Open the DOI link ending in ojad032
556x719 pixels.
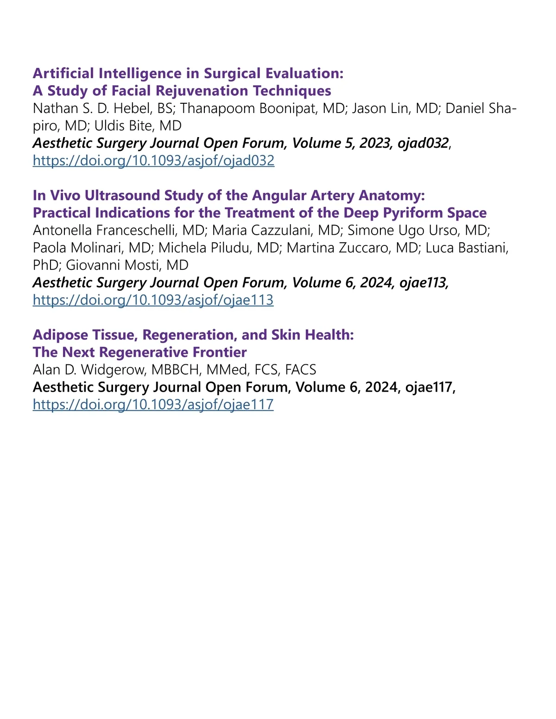click(x=153, y=161)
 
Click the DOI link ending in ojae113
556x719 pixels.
click(x=153, y=300)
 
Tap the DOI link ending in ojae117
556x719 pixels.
click(x=153, y=405)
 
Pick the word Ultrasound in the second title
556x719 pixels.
click(x=121, y=195)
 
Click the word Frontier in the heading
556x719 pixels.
click(x=219, y=352)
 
